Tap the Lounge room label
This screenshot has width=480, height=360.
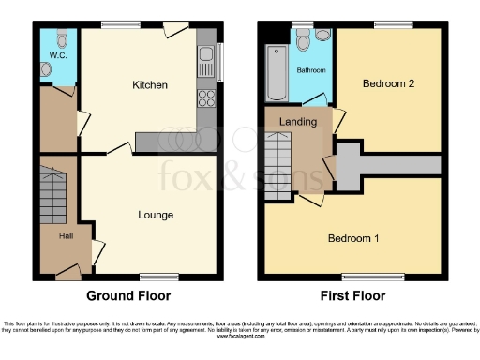pyautogui.click(x=155, y=215)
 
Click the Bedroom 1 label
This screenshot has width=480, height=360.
pyautogui.click(x=353, y=238)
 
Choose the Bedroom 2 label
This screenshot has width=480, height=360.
pyautogui.click(x=388, y=83)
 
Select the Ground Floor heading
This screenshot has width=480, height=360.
pyautogui.click(x=128, y=295)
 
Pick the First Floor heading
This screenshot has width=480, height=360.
pyautogui.click(x=353, y=295)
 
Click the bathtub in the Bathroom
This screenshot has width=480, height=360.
pyautogui.click(x=276, y=72)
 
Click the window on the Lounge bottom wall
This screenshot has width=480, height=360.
pyautogui.click(x=155, y=277)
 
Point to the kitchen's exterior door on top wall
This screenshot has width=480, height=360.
pyautogui.click(x=174, y=28)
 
